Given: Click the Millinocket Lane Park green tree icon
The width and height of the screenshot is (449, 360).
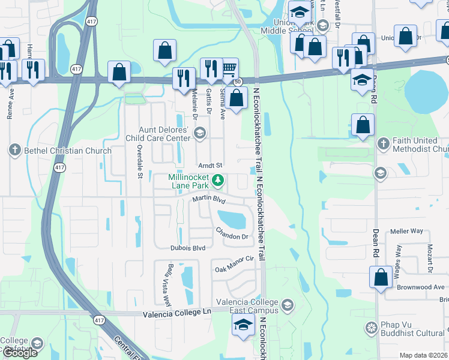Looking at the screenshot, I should (x=219, y=179).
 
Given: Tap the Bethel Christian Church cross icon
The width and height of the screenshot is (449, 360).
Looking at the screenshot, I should (x=15, y=150).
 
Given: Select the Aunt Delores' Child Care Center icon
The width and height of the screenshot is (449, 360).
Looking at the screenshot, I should (x=199, y=133).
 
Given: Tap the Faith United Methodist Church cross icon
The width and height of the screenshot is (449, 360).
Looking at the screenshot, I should (x=383, y=143).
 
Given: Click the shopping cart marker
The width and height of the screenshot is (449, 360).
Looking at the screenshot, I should (x=229, y=69).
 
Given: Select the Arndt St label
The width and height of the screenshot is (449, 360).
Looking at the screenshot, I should (x=211, y=165).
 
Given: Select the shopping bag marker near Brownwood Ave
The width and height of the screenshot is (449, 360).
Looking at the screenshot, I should (x=381, y=278).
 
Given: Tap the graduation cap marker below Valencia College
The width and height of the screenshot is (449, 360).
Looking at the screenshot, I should (x=244, y=326).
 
